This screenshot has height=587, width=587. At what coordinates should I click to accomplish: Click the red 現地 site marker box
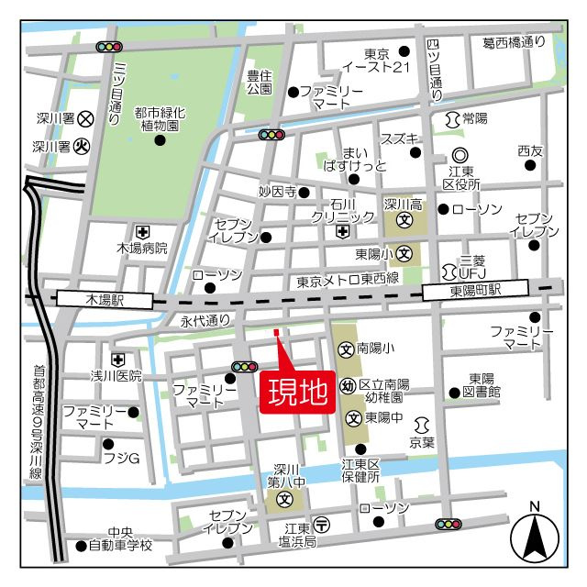tap(298, 393)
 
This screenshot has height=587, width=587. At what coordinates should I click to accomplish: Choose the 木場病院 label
tap(142, 248)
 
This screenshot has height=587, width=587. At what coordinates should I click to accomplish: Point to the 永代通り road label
tap(205, 321)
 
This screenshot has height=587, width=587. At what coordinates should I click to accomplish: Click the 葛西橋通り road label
tap(514, 41)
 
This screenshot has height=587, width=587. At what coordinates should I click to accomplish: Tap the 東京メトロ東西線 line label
tap(347, 279)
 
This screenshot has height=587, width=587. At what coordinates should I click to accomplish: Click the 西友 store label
tap(529, 150)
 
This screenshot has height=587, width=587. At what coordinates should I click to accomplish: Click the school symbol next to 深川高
tap(404, 220)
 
